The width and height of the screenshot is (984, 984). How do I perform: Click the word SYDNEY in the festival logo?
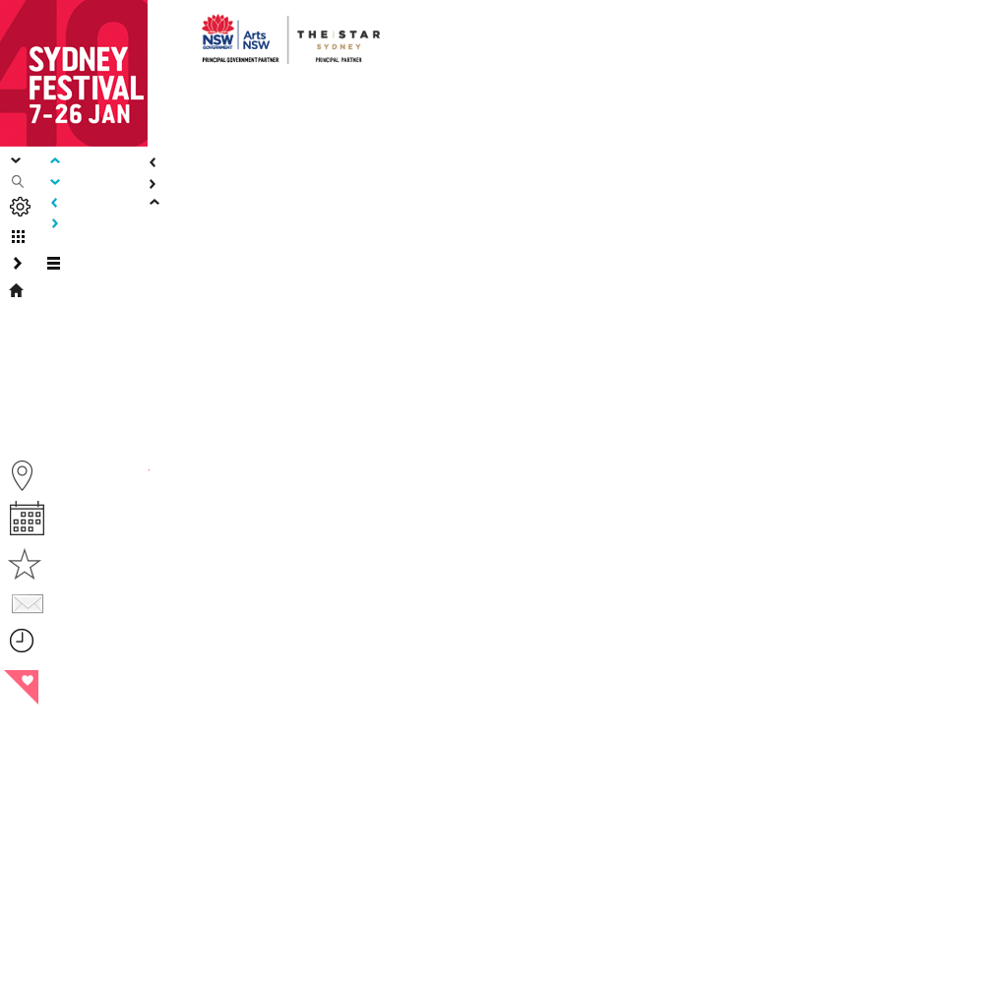pyautogui.click(x=78, y=60)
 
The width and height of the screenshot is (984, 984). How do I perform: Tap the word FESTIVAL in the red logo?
pyautogui.click(x=87, y=89)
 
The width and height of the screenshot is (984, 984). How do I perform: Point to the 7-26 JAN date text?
pyautogui.click(x=80, y=114)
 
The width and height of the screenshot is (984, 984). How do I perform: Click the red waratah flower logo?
pyautogui.click(x=218, y=26)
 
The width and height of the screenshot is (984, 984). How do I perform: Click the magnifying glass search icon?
pyautogui.click(x=18, y=182)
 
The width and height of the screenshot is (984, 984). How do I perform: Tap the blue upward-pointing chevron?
pyautogui.click(x=55, y=161)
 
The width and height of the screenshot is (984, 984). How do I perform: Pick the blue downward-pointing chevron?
pyautogui.click(x=55, y=182)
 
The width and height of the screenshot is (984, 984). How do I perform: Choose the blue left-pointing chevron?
pyautogui.click(x=54, y=203)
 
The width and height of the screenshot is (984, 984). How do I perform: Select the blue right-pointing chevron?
pyautogui.click(x=55, y=223)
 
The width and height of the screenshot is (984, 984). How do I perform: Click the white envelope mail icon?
pyautogui.click(x=28, y=604)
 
